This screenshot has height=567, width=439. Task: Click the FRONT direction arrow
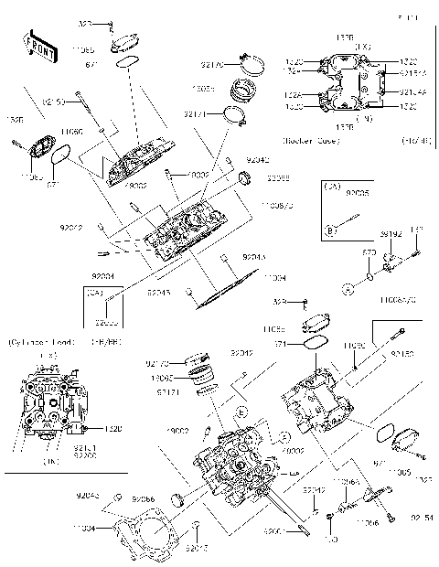click(x=37, y=47)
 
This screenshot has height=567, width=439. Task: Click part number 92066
click(x=143, y=499)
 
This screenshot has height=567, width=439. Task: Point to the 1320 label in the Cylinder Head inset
click(x=88, y=427)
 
